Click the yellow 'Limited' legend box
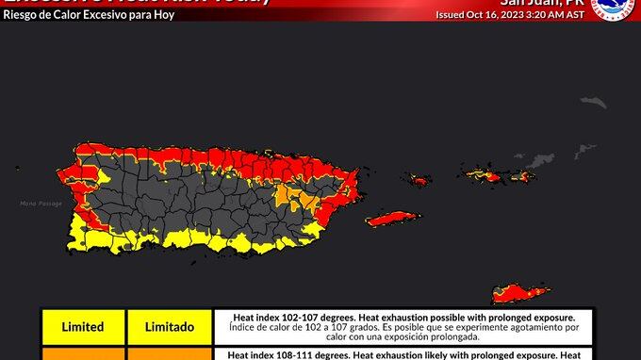coord(83,327)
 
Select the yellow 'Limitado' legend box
coord(170,327)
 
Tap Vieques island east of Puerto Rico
coord(390,219)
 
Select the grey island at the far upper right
coord(592,102)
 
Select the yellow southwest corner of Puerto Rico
coord(90,230)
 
